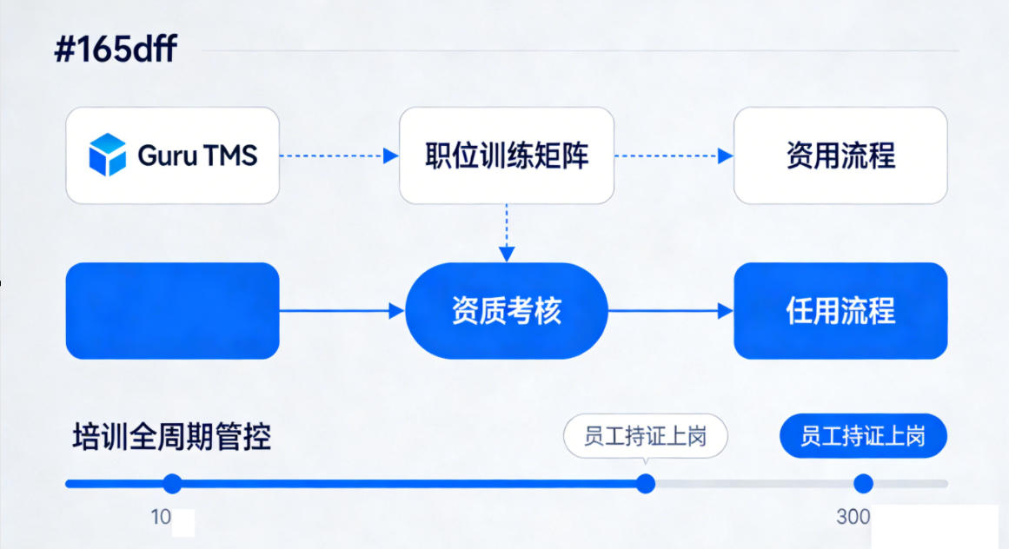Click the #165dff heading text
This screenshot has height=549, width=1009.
(x=116, y=50)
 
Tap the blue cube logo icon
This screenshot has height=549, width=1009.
(x=108, y=155)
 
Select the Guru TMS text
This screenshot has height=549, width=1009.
(x=197, y=155)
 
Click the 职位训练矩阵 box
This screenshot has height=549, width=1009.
(x=507, y=155)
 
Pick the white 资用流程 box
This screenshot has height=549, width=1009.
(x=840, y=155)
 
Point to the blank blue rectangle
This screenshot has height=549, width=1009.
(x=172, y=310)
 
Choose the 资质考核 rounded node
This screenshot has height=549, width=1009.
(x=507, y=310)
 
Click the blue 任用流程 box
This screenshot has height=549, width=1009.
(x=840, y=310)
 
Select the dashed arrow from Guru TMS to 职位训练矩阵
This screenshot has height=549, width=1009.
(x=339, y=155)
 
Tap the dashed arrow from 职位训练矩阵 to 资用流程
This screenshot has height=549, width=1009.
(x=674, y=155)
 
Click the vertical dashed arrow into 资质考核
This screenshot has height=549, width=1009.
(x=507, y=233)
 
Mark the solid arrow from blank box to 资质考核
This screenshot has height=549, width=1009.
(x=342, y=310)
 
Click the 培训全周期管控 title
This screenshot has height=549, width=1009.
(x=171, y=436)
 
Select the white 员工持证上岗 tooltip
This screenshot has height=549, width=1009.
(x=645, y=436)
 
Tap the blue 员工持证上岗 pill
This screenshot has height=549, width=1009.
(x=863, y=436)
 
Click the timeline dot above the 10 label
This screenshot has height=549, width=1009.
(x=172, y=484)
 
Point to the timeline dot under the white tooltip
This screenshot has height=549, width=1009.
(x=646, y=484)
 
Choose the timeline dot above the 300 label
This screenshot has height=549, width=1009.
(x=863, y=484)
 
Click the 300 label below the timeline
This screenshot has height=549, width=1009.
(x=853, y=517)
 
